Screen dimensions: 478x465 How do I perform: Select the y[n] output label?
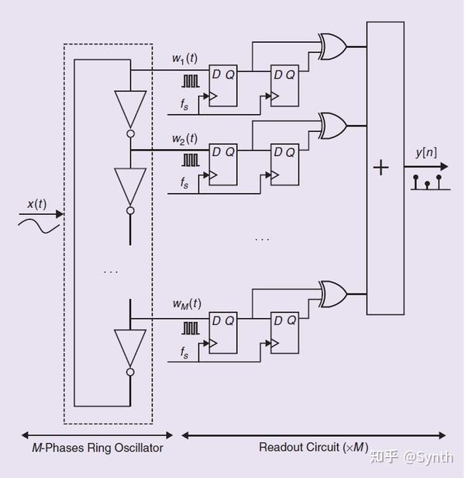425,152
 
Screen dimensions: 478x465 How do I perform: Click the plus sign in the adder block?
381,168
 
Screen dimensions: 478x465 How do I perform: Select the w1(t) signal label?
185,58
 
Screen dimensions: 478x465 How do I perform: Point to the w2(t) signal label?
185,139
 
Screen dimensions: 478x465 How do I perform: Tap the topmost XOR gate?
332,46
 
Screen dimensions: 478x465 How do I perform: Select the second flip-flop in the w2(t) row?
284,165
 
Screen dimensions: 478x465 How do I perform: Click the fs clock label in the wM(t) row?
184,353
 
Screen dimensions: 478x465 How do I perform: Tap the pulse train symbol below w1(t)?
190,79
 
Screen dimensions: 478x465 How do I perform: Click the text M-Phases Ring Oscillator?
98,448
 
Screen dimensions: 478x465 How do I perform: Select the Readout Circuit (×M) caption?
313,448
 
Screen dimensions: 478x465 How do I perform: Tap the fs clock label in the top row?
184,106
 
